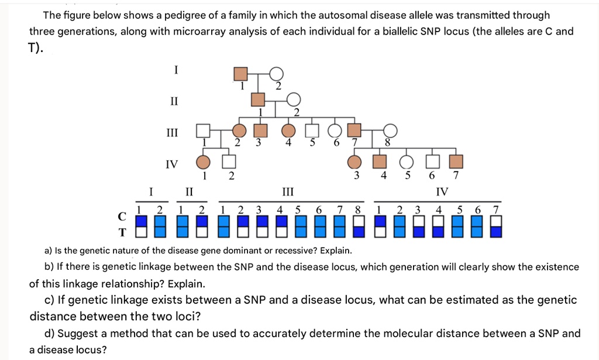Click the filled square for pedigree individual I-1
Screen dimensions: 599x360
240,74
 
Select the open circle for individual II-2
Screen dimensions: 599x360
294,100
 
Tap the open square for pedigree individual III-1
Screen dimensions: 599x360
203,131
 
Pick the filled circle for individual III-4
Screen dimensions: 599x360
288,131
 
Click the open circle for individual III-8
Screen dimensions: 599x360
390,131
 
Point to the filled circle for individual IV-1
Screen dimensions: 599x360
203,162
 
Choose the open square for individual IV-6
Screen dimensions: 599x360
432,162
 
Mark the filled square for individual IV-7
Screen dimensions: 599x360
456,162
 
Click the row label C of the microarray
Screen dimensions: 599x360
122,217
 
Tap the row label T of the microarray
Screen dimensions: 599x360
122,232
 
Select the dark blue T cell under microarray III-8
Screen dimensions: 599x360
359,232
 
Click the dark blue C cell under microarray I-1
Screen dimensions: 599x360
142,221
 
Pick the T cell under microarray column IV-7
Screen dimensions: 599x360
496,232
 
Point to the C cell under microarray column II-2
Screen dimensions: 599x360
202,221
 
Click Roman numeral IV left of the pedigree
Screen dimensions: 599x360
172,164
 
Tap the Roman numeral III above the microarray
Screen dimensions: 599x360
288,191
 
